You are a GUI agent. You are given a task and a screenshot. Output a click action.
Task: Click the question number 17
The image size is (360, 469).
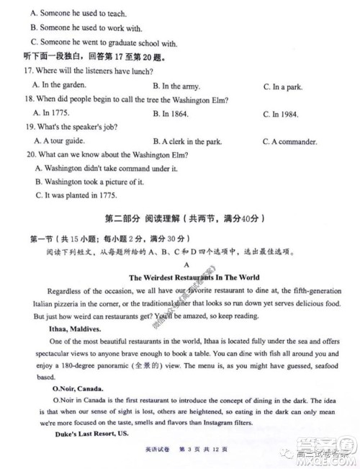30,71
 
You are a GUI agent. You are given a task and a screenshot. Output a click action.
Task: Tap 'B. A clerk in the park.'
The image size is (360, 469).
194,141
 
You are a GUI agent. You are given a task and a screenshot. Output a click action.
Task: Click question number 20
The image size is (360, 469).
31,155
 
